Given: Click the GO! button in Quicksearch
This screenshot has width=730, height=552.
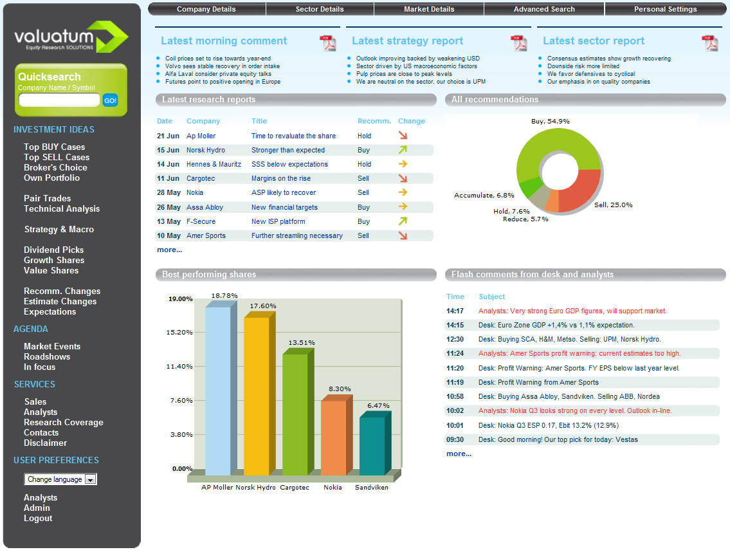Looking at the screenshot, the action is click(x=110, y=100).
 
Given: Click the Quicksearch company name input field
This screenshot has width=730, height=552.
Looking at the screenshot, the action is click(x=59, y=100).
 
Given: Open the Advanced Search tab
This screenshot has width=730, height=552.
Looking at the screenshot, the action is click(x=543, y=9).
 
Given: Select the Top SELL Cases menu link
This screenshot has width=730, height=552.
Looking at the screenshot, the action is click(x=57, y=157).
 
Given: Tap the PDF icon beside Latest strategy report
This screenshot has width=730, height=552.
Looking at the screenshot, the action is click(x=518, y=43).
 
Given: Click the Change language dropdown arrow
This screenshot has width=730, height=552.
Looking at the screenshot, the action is click(x=91, y=479).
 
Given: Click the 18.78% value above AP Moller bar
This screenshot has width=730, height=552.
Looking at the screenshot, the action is click(x=224, y=295).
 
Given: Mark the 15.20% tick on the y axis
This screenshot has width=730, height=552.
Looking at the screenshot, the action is click(x=179, y=332).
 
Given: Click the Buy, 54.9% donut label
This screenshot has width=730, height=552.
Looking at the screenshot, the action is click(x=551, y=121).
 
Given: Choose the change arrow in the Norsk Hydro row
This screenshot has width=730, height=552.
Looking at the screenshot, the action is click(x=403, y=150).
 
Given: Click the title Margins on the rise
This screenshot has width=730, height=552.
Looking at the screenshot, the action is click(x=280, y=178).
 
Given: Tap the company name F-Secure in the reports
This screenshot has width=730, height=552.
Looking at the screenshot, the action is click(x=201, y=221).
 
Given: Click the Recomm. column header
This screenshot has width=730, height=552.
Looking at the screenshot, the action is click(x=374, y=121).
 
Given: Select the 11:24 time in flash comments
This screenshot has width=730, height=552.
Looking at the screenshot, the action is click(x=455, y=354).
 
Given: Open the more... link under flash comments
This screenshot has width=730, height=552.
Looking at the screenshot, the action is click(x=459, y=454).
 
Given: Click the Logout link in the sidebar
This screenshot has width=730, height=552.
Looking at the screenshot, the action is click(x=38, y=518).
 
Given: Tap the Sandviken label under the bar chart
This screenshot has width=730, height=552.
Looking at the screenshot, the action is click(x=372, y=487).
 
